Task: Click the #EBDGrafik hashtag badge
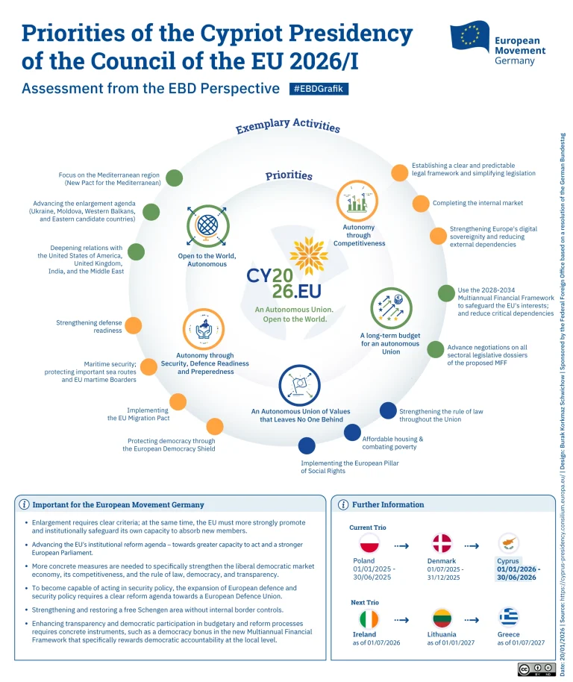coord(319,89)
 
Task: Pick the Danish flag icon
coord(442,543)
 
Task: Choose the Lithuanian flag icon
coord(442,619)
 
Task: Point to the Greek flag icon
coord(510,618)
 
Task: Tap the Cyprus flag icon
coord(510,543)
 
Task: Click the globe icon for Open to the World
coord(207,226)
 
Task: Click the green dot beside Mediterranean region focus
coord(174,178)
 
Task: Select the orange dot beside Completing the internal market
coord(421,203)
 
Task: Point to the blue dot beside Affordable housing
coord(352,433)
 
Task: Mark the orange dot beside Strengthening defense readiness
coord(134,325)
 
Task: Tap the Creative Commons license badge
coord(536,669)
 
